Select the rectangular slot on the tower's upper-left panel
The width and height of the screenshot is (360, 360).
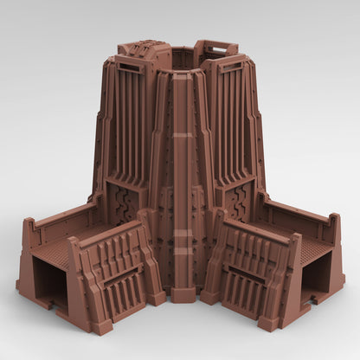click(x=130, y=67)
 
